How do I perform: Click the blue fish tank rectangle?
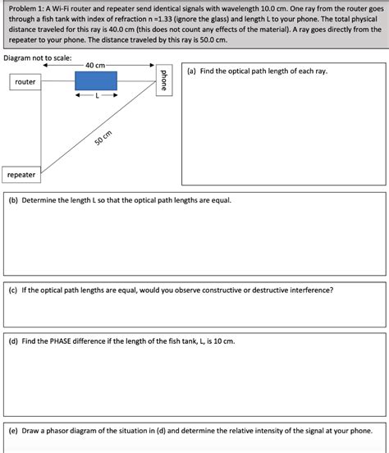[x=96, y=80]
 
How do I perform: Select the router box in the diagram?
[x=25, y=82]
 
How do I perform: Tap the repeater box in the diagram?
[x=21, y=175]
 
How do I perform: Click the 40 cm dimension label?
[x=95, y=66]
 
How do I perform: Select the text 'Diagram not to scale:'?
[x=38, y=59]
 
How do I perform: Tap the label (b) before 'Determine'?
[x=13, y=200]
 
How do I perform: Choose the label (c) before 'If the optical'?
[x=13, y=290]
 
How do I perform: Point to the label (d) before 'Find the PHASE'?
[x=13, y=340]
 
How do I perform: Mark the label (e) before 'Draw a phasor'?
[x=13, y=430]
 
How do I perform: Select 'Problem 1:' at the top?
[x=28, y=8]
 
